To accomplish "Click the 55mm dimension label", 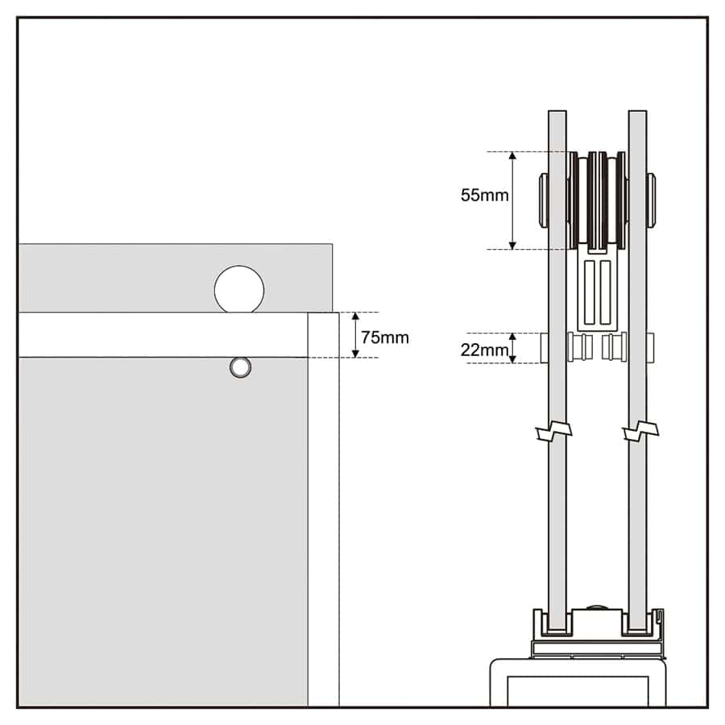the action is point(485,195).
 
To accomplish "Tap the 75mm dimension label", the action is point(385,338).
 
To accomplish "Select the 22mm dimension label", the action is point(484,350).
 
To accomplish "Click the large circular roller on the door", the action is point(239,290).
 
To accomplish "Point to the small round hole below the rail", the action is point(240,367).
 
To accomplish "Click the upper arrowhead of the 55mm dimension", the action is point(512,155).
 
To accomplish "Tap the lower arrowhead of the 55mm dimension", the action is point(512,245).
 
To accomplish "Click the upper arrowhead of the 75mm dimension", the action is point(355,317).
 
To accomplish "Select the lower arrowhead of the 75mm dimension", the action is point(355,354).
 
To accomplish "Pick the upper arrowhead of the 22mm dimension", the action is point(512,337).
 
